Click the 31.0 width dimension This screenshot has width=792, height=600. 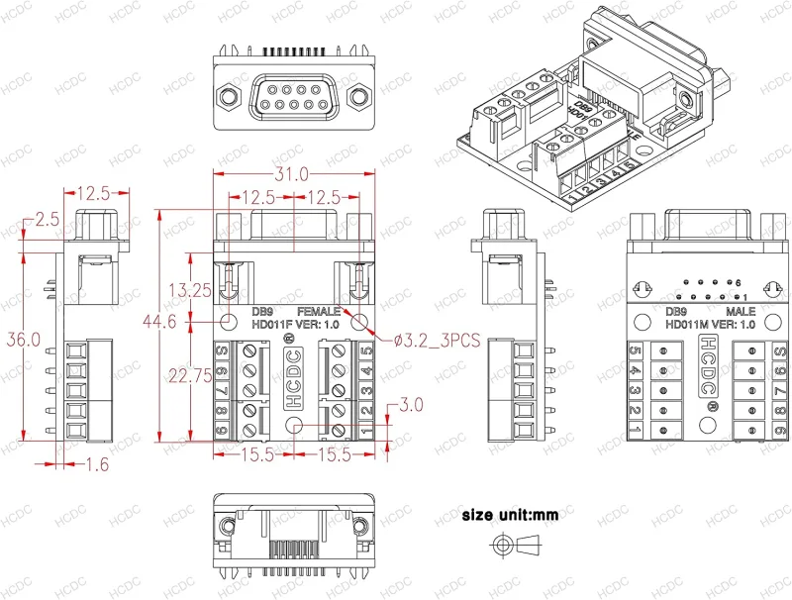coord(295,174)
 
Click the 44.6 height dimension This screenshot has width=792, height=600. coord(159,322)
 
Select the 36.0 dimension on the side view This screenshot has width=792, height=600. coord(23,340)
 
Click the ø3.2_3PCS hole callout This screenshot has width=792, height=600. coord(437,340)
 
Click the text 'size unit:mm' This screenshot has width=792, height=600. coord(510,516)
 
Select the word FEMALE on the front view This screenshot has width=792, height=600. coord(319,310)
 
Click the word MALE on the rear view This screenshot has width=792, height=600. coord(741,310)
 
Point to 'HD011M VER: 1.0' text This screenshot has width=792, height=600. coord(711,324)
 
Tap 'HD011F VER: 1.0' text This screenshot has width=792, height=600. coord(295,324)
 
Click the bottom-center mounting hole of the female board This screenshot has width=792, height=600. coord(295,425)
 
